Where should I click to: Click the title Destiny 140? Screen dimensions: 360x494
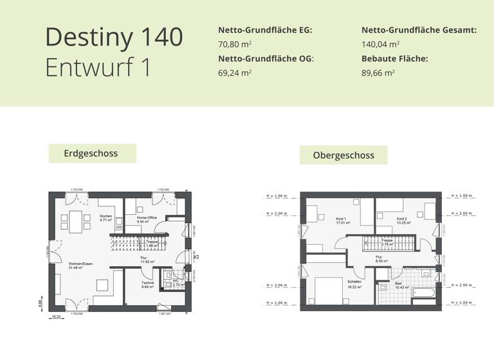tap(114, 37)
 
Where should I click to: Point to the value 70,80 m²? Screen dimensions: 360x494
tap(235, 44)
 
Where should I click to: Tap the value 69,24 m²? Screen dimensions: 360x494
tap(235, 73)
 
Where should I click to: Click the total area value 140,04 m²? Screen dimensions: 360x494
tap(381, 44)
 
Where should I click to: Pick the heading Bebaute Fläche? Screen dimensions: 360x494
tap(394, 59)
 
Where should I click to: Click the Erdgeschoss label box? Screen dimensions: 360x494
tap(92, 154)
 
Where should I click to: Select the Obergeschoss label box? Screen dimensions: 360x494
tap(344, 155)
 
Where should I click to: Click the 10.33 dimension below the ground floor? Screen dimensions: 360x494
tap(56, 316)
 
